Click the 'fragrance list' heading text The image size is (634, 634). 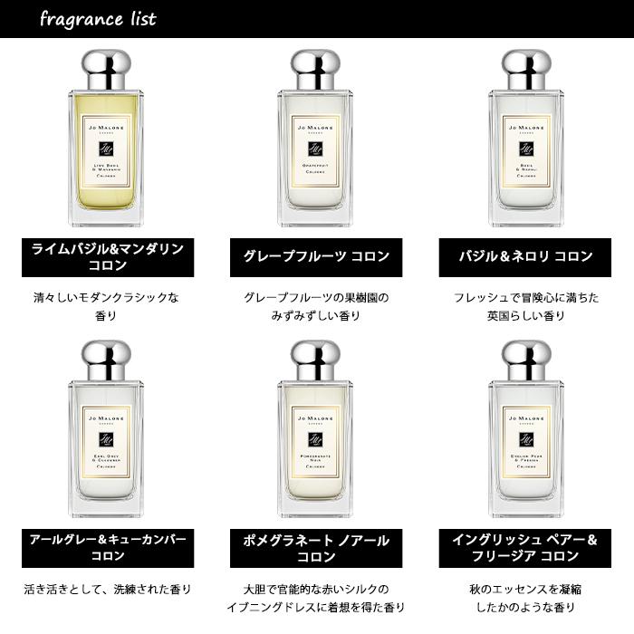point(98,19)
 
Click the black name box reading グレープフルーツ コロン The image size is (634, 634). point(316,256)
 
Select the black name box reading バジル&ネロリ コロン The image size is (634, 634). point(525,256)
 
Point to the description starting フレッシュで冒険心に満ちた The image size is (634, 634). point(525,306)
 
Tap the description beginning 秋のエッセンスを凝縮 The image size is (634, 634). point(525,599)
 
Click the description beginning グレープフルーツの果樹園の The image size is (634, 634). point(316,306)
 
